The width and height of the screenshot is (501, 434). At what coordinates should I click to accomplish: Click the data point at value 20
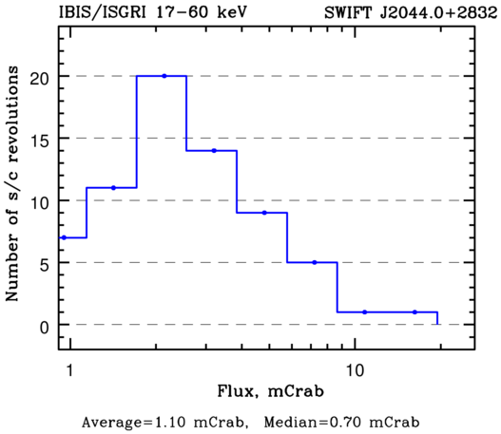(x=164, y=76)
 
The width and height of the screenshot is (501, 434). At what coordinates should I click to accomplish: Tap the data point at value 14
(x=214, y=151)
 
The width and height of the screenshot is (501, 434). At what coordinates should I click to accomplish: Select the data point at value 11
(x=113, y=188)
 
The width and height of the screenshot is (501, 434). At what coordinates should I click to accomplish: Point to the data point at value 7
(x=64, y=237)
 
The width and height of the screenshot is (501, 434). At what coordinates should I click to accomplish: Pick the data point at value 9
(x=264, y=213)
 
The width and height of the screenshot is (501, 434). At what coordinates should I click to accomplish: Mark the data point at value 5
(x=315, y=262)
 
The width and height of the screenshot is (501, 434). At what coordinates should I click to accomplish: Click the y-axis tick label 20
(x=40, y=78)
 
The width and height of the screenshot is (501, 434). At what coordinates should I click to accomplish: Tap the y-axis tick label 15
(x=40, y=141)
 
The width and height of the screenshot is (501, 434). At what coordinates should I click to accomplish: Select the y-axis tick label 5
(x=45, y=265)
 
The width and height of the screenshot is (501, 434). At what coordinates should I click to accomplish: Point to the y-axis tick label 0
(x=45, y=327)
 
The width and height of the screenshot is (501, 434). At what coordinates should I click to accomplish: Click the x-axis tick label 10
(x=356, y=370)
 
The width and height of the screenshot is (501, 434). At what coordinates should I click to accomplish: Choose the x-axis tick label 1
(x=69, y=370)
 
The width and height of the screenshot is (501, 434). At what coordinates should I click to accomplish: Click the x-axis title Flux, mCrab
(x=270, y=391)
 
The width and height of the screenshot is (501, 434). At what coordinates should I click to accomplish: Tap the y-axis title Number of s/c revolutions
(x=11, y=183)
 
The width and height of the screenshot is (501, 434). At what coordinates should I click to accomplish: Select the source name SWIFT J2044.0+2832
(x=411, y=12)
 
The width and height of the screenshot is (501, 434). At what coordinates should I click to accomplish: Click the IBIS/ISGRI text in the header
(x=103, y=12)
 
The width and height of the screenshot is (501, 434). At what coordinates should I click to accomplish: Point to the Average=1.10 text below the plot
(x=133, y=423)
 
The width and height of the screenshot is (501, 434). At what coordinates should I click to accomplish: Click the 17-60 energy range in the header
(x=182, y=12)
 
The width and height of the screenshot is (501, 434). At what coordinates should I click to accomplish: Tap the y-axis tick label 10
(x=40, y=202)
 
